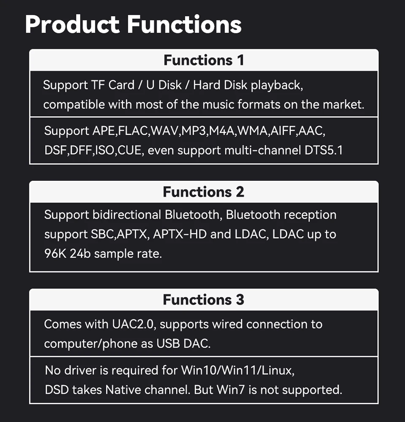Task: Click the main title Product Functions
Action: tap(133, 25)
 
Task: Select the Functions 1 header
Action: tap(204, 60)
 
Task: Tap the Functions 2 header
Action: tap(204, 192)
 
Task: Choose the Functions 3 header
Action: tap(204, 299)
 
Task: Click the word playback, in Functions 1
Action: tap(277, 85)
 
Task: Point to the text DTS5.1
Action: tap(324, 150)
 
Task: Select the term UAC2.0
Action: tap(134, 324)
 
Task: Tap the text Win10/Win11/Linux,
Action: tap(237, 370)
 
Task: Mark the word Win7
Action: tap(231, 389)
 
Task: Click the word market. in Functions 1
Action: tap(343, 104)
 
